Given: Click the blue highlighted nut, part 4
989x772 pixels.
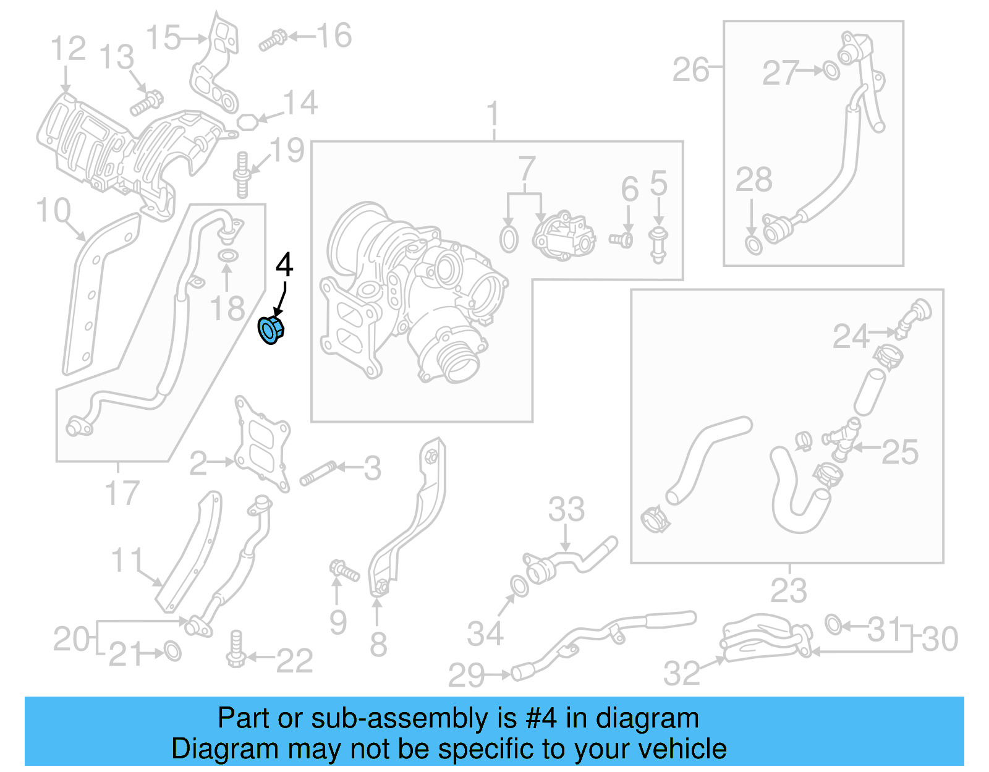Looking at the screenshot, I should (x=270, y=329).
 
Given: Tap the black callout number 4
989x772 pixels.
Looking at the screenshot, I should (x=284, y=265).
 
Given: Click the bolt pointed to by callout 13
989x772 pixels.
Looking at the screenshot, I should (x=146, y=103).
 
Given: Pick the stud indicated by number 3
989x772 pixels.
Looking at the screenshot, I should (x=318, y=473).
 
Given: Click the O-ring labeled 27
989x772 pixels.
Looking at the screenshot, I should (x=831, y=71).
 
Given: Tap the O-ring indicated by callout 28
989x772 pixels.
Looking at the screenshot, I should (x=753, y=245).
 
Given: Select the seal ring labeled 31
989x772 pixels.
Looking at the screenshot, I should (x=833, y=625).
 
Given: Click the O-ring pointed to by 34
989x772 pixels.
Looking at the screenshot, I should (x=519, y=586).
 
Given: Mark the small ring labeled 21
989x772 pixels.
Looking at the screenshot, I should (x=172, y=651).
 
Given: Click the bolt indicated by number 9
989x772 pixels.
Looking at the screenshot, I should (x=344, y=570).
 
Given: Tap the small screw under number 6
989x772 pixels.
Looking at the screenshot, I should (x=621, y=239).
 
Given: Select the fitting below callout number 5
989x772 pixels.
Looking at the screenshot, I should (x=658, y=244).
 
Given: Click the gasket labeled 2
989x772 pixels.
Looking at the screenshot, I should (x=261, y=444).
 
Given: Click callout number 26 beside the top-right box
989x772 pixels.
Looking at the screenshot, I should (x=690, y=70).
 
